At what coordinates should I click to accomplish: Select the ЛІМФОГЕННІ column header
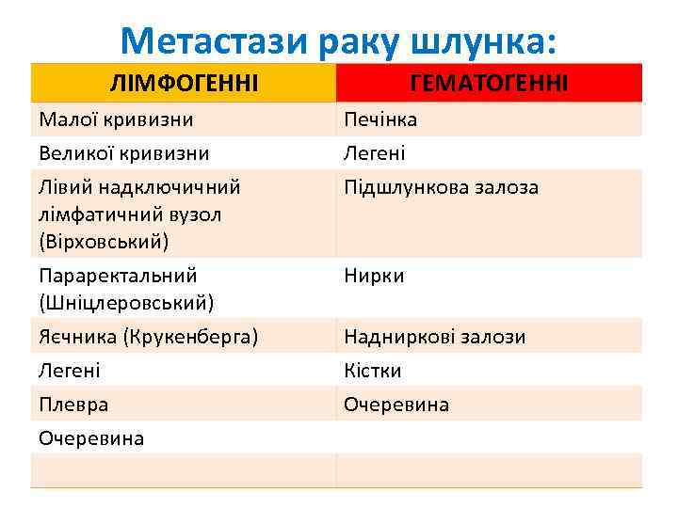click(x=185, y=85)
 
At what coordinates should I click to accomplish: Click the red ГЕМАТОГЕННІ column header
click(x=489, y=85)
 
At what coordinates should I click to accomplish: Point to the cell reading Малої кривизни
click(x=116, y=119)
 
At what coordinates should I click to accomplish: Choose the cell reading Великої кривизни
click(x=123, y=152)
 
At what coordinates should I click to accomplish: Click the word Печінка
click(x=379, y=119)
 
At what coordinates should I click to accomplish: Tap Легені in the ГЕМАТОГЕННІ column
click(x=374, y=152)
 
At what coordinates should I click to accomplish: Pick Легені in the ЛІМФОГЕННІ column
click(x=69, y=371)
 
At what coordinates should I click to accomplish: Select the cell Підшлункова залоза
click(x=441, y=187)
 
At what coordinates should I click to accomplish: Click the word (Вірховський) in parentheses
click(x=104, y=241)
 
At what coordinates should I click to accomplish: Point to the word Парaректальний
click(x=118, y=276)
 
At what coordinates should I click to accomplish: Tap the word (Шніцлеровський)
click(x=126, y=303)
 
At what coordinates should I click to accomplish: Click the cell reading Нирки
click(x=373, y=276)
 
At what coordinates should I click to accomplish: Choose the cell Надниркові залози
click(x=434, y=336)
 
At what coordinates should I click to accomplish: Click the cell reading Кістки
click(x=372, y=371)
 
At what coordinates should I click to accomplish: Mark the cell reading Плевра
click(x=73, y=405)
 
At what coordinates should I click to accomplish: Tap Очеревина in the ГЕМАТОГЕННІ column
click(x=395, y=405)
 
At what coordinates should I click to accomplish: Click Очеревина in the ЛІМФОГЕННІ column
click(x=91, y=437)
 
